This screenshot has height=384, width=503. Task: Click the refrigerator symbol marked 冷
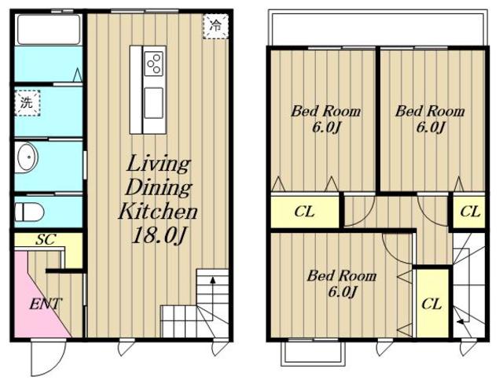(x=215, y=26)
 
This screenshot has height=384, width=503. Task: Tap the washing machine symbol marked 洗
(x=28, y=103)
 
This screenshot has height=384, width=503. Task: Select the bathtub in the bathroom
(x=49, y=30)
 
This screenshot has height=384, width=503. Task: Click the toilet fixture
(x=29, y=212)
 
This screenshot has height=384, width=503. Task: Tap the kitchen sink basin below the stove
(x=154, y=103)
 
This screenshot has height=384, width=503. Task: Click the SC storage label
(x=46, y=239)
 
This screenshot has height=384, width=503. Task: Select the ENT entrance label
(x=45, y=304)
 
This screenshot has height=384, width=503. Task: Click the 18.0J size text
(x=159, y=235)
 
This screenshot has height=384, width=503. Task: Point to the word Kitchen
(x=158, y=211)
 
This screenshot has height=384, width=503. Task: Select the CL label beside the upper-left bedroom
(x=304, y=212)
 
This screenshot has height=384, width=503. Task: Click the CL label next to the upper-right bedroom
(x=470, y=212)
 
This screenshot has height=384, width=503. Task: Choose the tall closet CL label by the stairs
(x=431, y=304)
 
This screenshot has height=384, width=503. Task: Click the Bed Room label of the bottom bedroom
(x=342, y=275)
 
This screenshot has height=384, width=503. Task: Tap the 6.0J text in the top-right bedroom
(x=430, y=127)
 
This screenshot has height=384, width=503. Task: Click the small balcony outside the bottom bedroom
(x=313, y=353)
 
